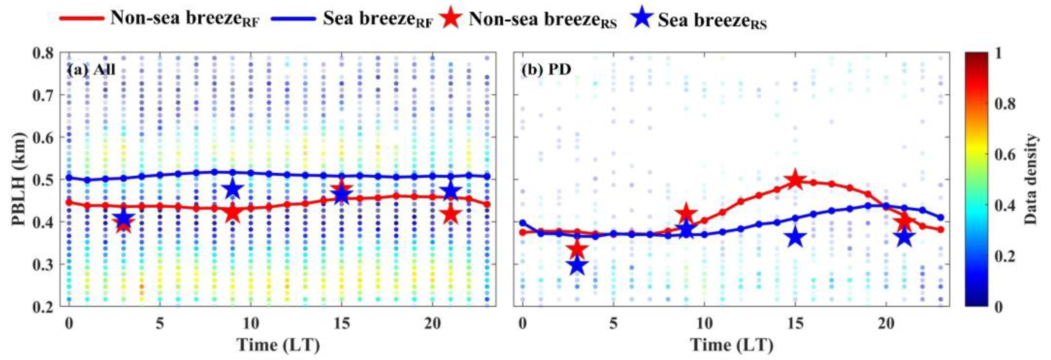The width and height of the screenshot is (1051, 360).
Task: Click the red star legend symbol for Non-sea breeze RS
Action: tap(452, 18)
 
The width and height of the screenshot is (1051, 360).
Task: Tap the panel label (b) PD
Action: tap(545, 70)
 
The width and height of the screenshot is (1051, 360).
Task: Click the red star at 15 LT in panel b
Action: tap(795, 180)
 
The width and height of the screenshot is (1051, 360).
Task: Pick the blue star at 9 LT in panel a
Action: tap(232, 189)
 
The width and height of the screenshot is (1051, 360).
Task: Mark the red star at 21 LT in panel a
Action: tap(450, 215)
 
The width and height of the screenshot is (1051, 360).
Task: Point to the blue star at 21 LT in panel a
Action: tap(450, 191)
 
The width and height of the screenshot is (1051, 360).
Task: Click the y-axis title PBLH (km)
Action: tap(19, 180)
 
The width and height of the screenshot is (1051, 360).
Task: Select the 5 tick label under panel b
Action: tap(613, 324)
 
